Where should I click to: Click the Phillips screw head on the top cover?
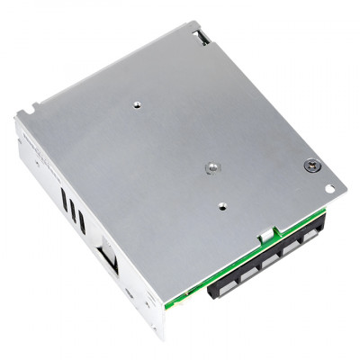310,166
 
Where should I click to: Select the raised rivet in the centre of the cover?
210,166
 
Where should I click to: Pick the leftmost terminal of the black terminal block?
221,286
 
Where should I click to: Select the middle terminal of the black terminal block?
267,262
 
